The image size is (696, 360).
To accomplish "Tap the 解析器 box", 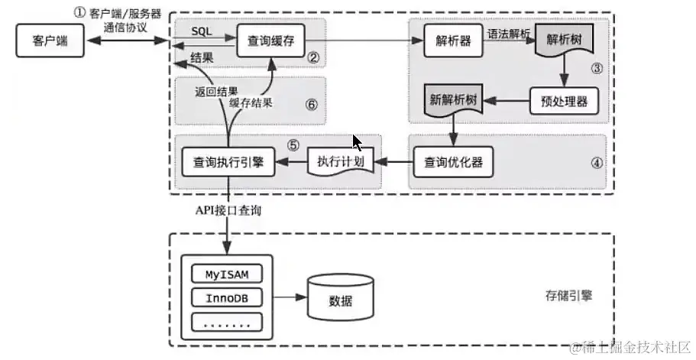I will (x=454, y=41).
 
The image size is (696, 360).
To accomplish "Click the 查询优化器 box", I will (x=454, y=161).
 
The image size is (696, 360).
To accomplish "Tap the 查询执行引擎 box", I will (x=228, y=161).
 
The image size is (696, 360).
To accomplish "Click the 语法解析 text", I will (x=509, y=34).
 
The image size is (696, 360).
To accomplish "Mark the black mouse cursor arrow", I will (x=356, y=143).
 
